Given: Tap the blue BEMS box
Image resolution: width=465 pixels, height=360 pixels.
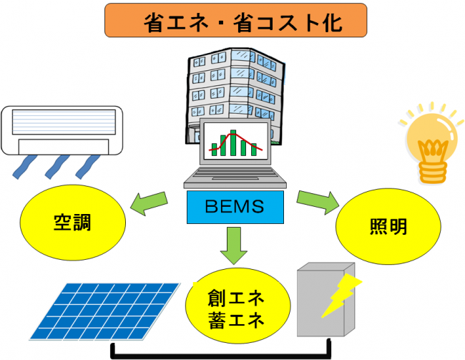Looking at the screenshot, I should point(235,208).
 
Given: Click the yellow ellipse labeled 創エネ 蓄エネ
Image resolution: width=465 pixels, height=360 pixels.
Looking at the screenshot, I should point(235,307).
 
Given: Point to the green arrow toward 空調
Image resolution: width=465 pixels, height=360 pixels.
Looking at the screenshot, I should point(151,203).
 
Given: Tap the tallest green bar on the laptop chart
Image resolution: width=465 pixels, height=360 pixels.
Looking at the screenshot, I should point(232,143).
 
